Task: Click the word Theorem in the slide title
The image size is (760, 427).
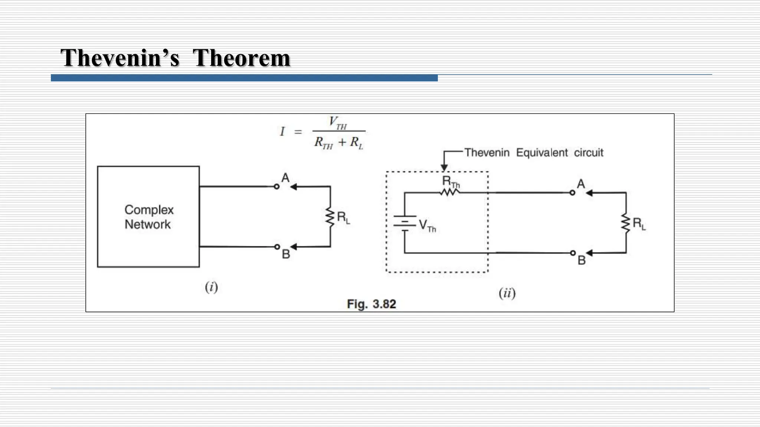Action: [241, 58]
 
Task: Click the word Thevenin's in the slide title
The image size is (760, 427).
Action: [120, 58]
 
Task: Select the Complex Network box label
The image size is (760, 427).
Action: [148, 217]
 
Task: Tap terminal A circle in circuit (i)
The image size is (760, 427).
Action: [276, 186]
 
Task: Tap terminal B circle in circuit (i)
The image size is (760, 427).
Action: [277, 246]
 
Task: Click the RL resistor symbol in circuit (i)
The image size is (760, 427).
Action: [330, 217]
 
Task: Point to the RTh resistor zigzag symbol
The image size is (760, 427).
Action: [450, 192]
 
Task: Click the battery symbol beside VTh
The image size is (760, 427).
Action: [404, 223]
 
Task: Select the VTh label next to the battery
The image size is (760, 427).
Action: [427, 225]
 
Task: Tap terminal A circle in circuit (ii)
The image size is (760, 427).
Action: [572, 193]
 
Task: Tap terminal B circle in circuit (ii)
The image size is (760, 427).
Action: [573, 253]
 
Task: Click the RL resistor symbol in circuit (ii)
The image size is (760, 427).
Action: [626, 223]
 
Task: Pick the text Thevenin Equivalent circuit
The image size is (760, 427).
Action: [534, 153]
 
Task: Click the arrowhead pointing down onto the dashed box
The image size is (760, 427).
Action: [444, 168]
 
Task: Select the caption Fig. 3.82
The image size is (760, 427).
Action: [371, 304]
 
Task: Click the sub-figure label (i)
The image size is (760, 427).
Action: [211, 287]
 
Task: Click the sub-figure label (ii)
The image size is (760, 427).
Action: [507, 293]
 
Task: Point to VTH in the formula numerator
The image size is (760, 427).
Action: [338, 122]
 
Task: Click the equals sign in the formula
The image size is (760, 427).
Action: [298, 132]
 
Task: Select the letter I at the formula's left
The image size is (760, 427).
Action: [282, 132]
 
